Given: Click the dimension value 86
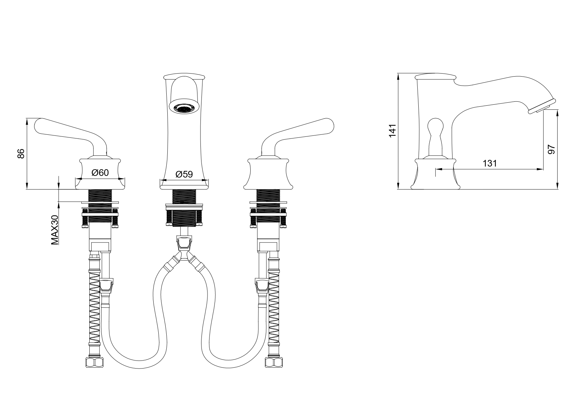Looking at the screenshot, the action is point(21,153).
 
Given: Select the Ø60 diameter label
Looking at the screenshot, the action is point(100,173).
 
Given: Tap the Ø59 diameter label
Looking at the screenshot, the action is point(184,174).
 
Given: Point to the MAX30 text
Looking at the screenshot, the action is point(55,230).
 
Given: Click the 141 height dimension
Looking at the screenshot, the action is point(393,130).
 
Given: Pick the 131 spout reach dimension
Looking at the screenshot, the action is point(490,164).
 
